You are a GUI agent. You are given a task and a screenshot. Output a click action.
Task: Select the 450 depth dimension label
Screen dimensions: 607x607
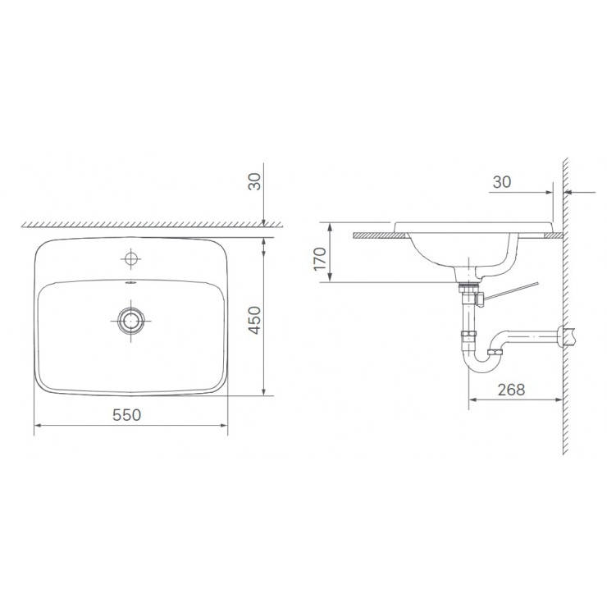[254, 320]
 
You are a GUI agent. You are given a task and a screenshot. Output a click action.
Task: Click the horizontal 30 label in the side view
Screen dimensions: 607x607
[503, 182]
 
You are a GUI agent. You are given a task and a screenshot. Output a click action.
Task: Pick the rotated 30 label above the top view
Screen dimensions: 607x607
[254, 182]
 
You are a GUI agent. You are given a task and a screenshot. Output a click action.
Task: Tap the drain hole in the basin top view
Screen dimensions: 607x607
[130, 320]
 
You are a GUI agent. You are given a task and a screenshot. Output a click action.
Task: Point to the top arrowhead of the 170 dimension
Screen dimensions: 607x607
[328, 225]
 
